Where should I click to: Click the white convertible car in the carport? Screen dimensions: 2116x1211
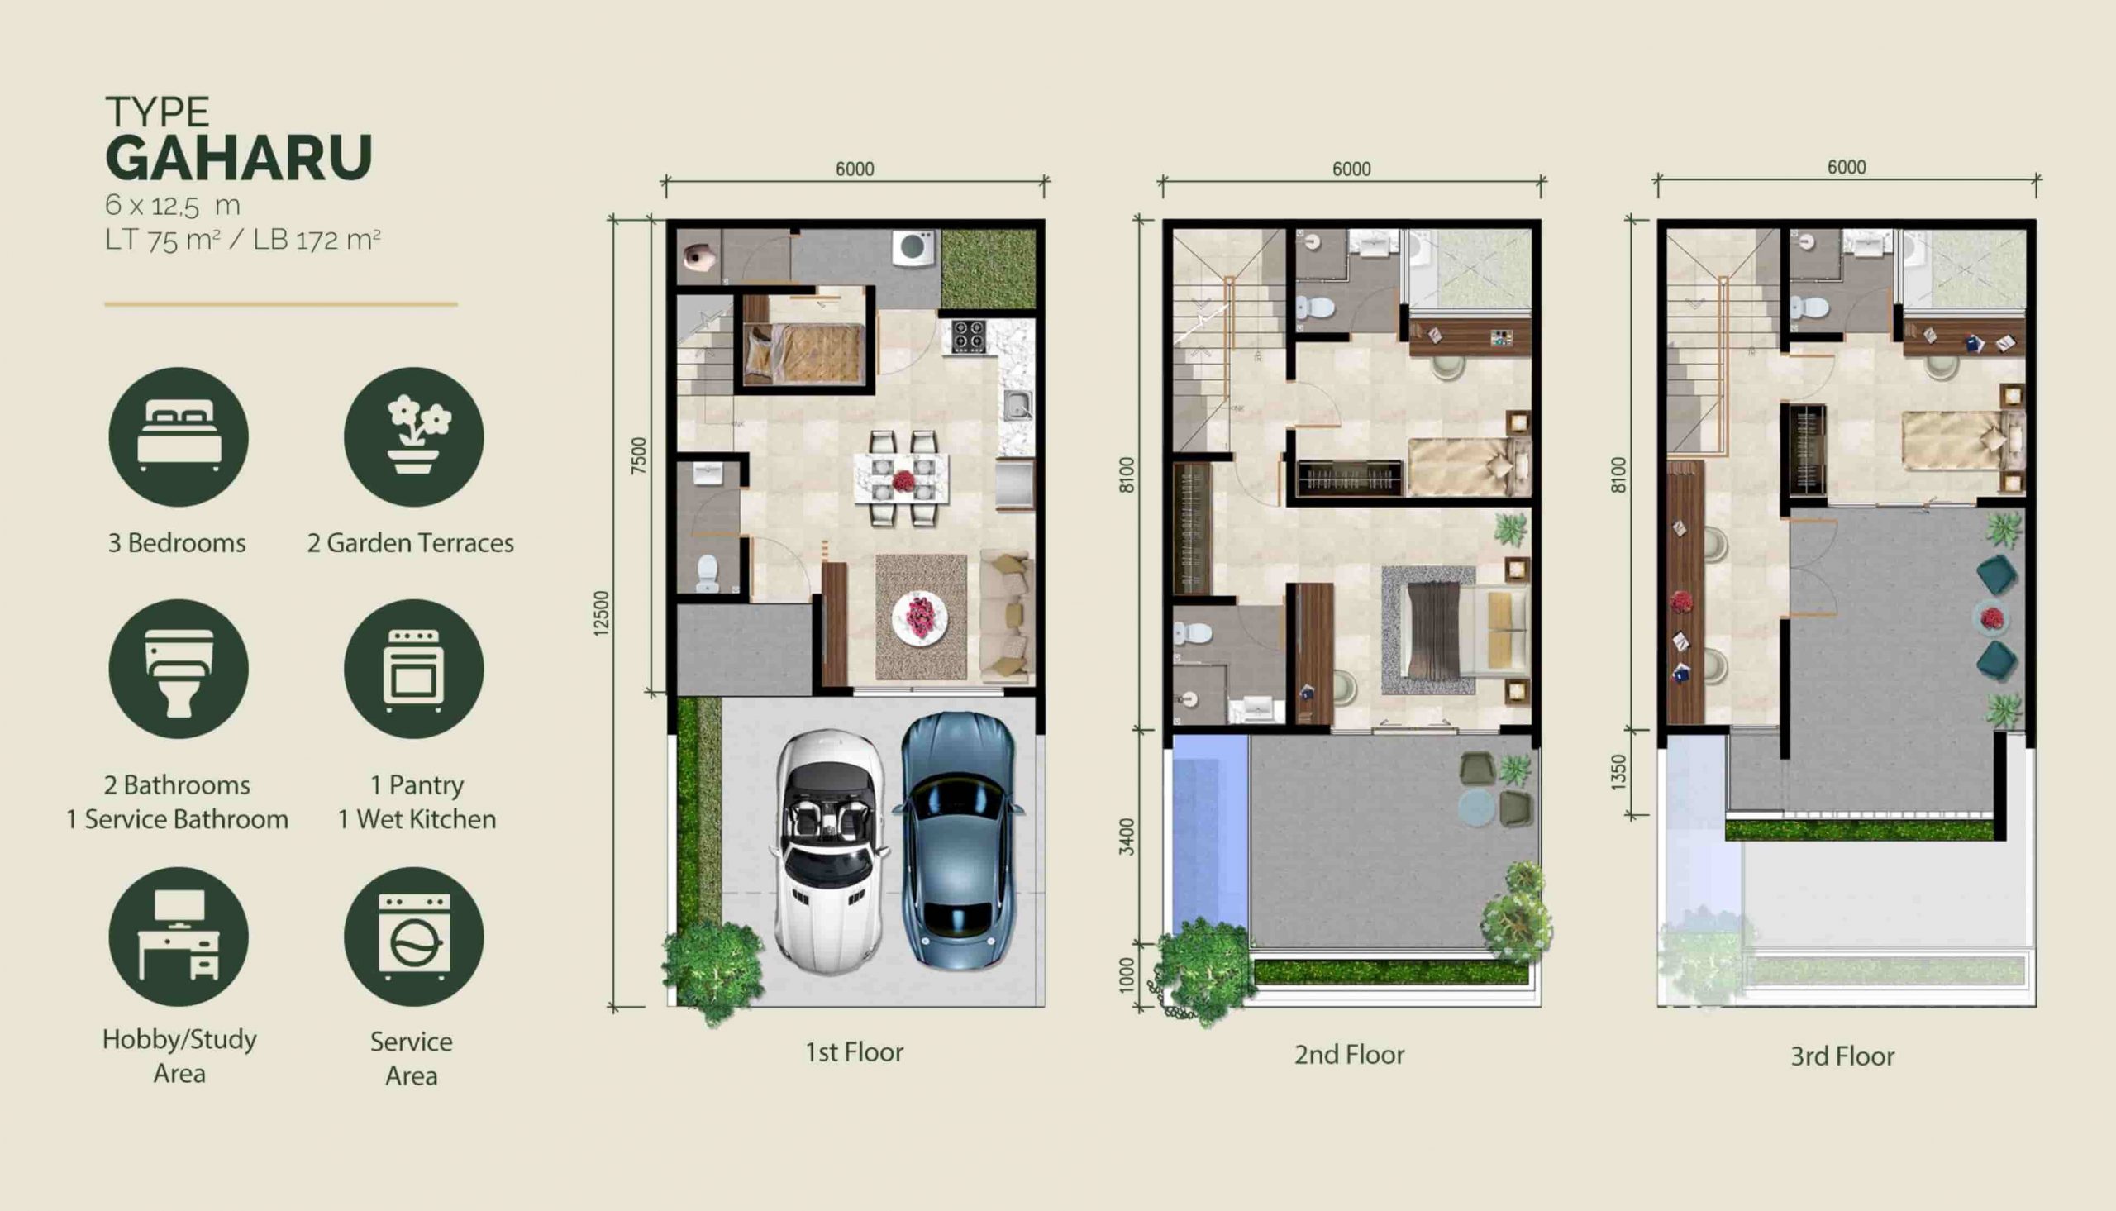point(829,852)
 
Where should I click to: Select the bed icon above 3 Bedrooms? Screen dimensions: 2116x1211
point(179,436)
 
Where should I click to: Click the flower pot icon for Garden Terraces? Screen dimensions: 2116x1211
point(414,436)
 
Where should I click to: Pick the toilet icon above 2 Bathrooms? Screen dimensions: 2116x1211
point(179,670)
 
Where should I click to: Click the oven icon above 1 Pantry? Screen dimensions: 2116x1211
point(414,670)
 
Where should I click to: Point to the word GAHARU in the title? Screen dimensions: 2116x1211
point(240,158)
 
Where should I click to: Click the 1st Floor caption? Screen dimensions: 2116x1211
point(854,1052)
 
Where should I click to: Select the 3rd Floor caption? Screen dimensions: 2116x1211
point(1842,1056)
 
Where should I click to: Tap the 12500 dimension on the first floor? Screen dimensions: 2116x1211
point(601,613)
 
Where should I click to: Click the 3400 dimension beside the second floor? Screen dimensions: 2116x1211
point(1127,837)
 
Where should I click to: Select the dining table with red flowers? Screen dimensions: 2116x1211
point(902,479)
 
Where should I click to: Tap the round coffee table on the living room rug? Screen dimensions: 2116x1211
point(920,617)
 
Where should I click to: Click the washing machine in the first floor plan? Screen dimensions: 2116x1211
point(913,248)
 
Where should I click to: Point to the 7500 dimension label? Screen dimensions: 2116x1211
point(638,455)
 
